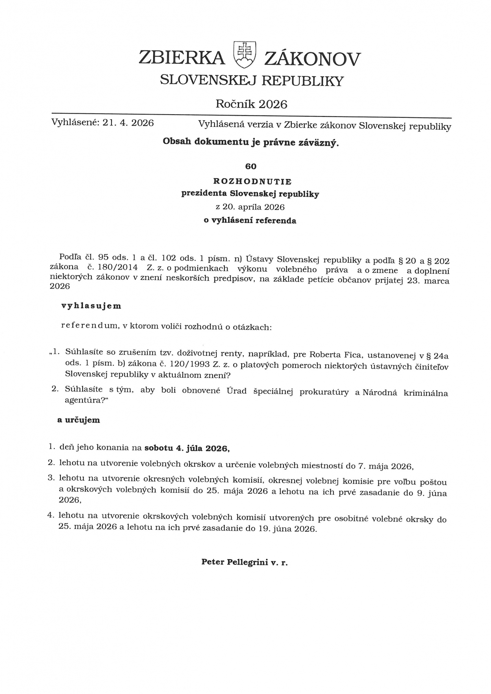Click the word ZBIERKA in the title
(x=182, y=58)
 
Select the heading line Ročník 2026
(x=251, y=104)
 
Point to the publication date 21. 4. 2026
(x=128, y=123)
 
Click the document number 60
(x=251, y=166)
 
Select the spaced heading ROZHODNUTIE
(x=252, y=181)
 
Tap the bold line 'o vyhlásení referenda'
(x=250, y=220)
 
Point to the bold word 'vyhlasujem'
(x=91, y=306)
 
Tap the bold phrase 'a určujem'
(x=79, y=420)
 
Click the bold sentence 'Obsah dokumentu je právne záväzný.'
(x=251, y=142)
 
